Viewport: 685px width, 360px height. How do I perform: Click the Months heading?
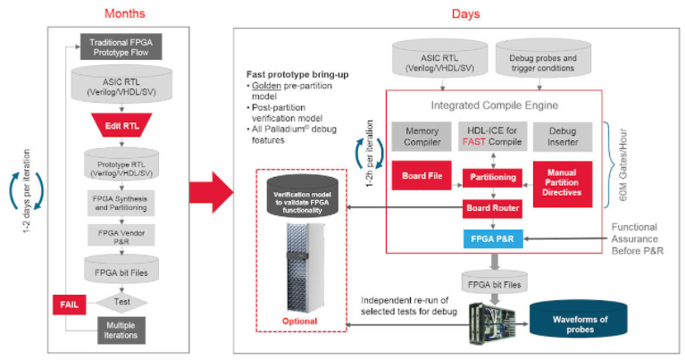(x=125, y=13)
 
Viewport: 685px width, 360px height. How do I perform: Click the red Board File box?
(x=423, y=175)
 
